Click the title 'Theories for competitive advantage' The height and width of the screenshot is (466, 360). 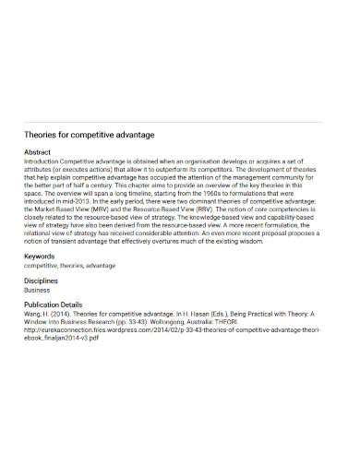coord(88,135)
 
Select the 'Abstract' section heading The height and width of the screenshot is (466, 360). coord(37,151)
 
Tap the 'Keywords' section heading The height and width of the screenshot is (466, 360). coord(39,256)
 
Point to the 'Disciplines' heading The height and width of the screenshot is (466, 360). coord(41,279)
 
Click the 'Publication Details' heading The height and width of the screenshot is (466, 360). coord(53,303)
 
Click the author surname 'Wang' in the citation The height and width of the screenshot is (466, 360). coord(33,312)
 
